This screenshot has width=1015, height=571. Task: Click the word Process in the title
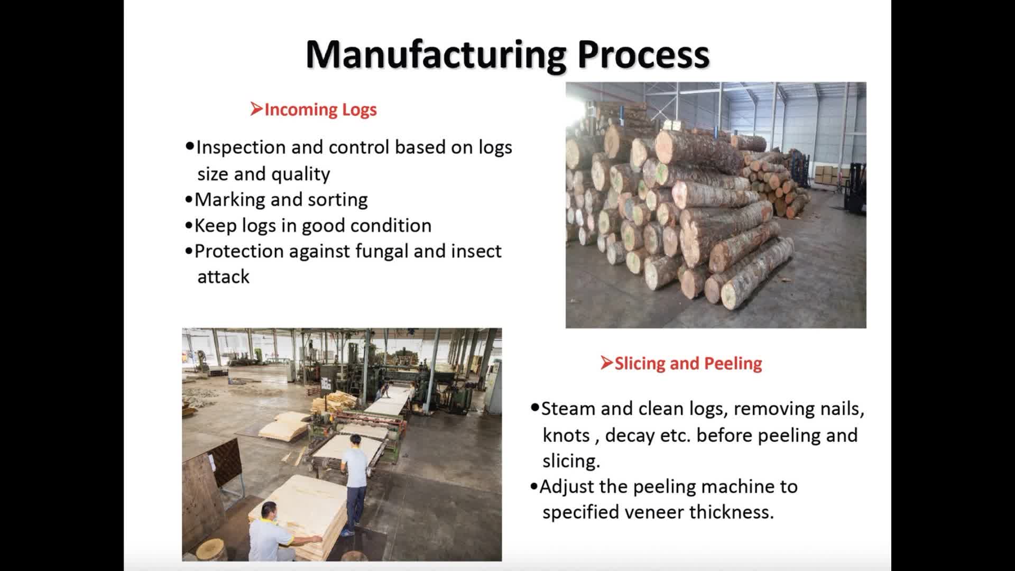click(x=643, y=54)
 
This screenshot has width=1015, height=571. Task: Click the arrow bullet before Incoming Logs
click(x=256, y=109)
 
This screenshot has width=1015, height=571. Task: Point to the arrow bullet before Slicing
click(x=606, y=363)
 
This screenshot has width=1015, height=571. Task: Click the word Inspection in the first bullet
click(x=241, y=148)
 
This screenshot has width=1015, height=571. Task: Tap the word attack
click(x=223, y=277)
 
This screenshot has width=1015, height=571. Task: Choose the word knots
click(x=566, y=435)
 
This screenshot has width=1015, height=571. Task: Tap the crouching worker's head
click(x=269, y=510)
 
